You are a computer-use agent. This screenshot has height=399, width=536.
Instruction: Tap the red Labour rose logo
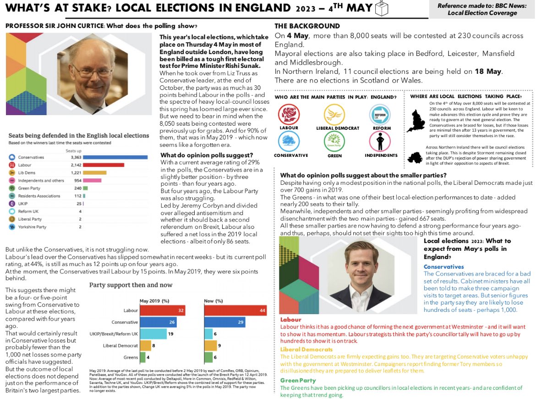(289, 114)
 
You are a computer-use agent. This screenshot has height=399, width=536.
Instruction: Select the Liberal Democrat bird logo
(334, 114)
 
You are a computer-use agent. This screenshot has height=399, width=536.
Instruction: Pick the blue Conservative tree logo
(289, 141)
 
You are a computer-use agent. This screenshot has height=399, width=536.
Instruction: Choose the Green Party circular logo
(334, 141)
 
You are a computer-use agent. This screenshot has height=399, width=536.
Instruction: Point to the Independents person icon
(380, 141)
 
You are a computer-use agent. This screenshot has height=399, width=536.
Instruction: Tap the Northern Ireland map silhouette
(418, 158)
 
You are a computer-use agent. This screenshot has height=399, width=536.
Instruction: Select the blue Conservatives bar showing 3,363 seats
(115, 157)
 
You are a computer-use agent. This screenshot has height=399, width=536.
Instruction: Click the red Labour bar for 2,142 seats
(104, 165)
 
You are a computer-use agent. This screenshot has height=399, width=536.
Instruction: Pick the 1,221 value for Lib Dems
(75, 172)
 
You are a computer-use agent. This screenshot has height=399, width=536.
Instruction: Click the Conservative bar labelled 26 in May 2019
(158, 322)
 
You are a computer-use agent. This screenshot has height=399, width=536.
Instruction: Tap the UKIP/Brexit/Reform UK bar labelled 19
(153, 334)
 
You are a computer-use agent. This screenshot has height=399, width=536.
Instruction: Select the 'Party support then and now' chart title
(131, 285)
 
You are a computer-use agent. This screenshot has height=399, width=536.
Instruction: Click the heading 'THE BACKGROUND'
(307, 26)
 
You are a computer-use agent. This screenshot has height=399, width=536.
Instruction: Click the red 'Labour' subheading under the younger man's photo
(290, 319)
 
